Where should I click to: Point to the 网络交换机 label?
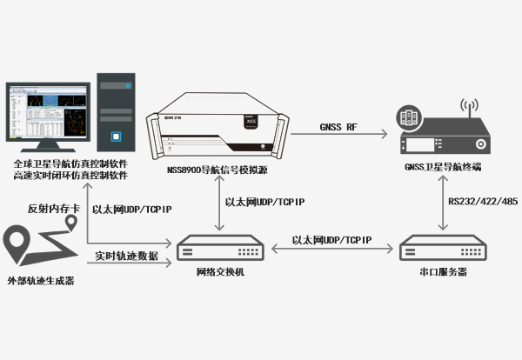220,272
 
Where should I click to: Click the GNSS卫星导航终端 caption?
443,170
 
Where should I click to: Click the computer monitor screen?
47,114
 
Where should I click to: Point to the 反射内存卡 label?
48,210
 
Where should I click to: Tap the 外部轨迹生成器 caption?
41,281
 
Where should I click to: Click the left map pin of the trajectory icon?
18,240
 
